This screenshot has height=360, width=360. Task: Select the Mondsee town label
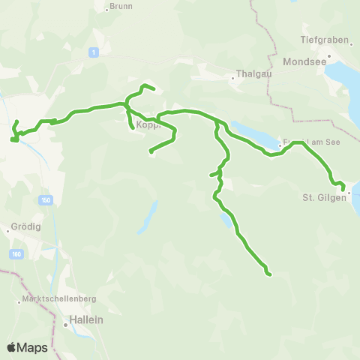(304, 63)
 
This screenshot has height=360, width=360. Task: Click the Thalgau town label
(249, 74)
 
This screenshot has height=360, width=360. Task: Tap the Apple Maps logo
(27, 347)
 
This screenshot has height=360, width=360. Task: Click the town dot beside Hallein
(64, 325)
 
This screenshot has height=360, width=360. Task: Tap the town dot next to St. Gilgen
(348, 192)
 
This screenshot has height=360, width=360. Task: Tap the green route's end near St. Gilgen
(343, 187)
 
